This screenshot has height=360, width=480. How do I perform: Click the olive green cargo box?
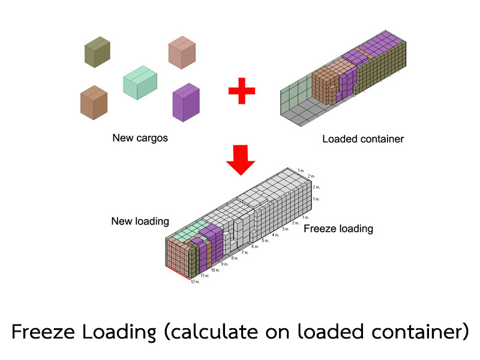pos(97,52)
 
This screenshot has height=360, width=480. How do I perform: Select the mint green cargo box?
pos(140,83)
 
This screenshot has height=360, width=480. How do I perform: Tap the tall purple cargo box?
pos(186,103)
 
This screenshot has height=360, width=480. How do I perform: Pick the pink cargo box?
pos(182,52)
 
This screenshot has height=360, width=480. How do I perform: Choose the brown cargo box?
pos(94,103)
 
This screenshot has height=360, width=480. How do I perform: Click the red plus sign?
pos(242,91)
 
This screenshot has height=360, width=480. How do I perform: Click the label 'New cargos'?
pos(140,138)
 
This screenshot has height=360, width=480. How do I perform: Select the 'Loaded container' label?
pos(363,139)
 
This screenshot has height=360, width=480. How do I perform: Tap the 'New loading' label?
pos(140,221)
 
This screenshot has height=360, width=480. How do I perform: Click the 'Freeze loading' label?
pos(338,229)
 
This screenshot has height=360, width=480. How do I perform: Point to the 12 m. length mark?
pos(195,281)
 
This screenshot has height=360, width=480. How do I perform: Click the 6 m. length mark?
pos(255,247)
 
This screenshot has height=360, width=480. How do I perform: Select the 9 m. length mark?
pos(224,264)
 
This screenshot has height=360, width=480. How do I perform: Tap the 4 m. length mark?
pos(275,235)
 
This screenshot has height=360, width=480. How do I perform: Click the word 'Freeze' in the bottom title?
pos(43,332)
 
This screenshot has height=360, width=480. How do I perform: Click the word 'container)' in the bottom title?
pos(420,332)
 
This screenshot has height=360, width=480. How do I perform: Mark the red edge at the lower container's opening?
pos(178,273)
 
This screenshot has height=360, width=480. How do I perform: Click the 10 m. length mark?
pos(215,270)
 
